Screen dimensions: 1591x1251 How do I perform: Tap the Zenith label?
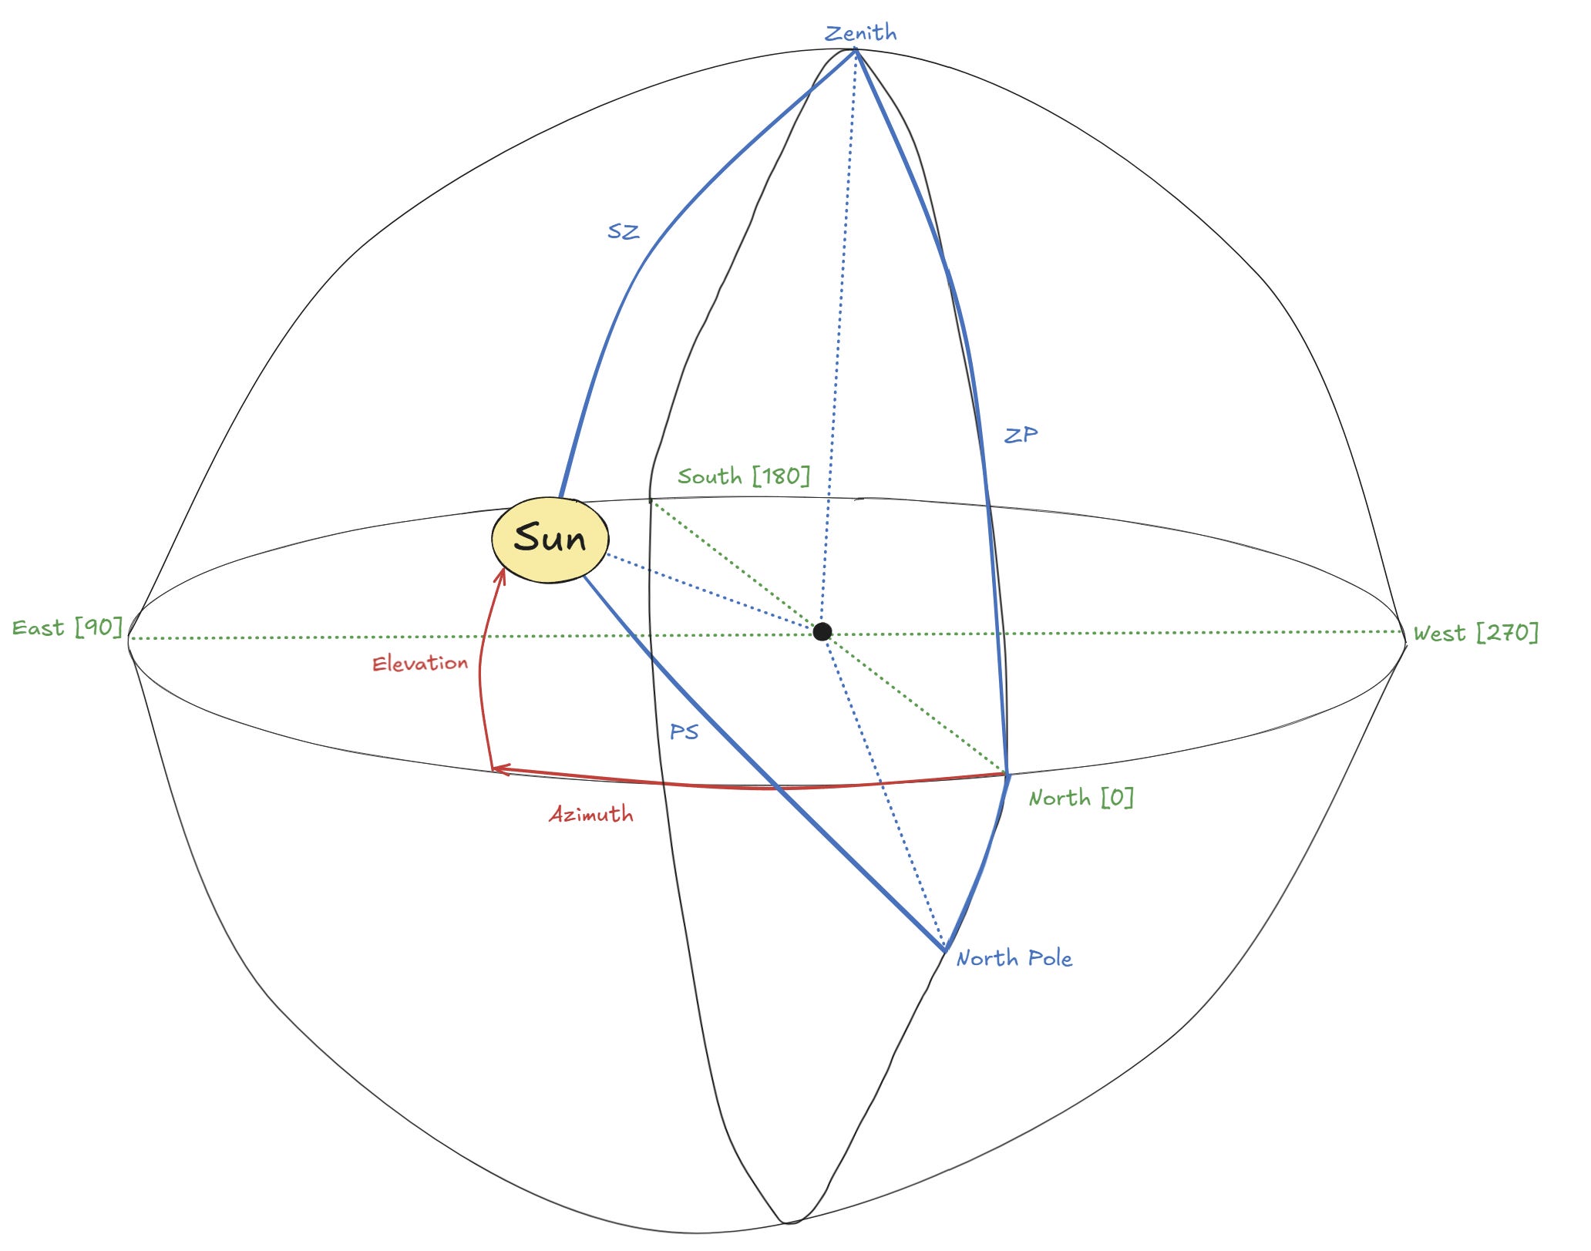click(860, 33)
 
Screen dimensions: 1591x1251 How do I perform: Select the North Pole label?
click(1014, 958)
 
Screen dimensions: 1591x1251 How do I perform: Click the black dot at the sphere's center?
click(822, 632)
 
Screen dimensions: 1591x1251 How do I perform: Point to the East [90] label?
click(67, 627)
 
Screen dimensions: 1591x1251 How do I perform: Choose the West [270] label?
click(1475, 633)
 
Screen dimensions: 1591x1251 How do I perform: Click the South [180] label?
click(744, 476)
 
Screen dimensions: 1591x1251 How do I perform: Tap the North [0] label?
click(1081, 797)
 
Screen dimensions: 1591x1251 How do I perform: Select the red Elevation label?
click(420, 663)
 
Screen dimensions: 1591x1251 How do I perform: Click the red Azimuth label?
click(591, 814)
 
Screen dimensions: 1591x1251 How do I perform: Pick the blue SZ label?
click(623, 231)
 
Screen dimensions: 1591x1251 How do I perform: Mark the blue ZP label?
click(1021, 435)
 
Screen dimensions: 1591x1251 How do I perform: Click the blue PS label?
click(684, 731)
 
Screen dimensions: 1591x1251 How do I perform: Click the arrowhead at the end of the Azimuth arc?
click(497, 768)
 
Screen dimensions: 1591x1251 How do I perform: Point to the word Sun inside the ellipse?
click(550, 538)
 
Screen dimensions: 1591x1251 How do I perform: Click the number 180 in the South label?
click(782, 476)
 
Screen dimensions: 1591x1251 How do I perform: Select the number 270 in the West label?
click(1507, 633)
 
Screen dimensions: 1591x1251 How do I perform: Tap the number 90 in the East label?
click(99, 627)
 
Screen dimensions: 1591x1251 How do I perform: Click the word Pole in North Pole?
click(1050, 958)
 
